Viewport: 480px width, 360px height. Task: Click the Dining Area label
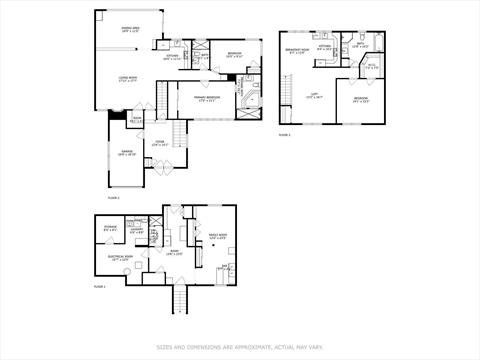point(130,30)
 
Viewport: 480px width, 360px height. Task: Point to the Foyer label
point(159,143)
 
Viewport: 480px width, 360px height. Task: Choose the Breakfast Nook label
point(296,51)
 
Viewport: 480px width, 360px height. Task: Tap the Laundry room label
point(137,231)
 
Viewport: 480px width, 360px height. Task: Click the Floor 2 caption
point(113,198)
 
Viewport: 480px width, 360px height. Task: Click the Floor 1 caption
point(99,286)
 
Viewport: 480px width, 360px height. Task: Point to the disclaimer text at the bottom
point(239,348)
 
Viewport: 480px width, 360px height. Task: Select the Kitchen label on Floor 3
point(324,47)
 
